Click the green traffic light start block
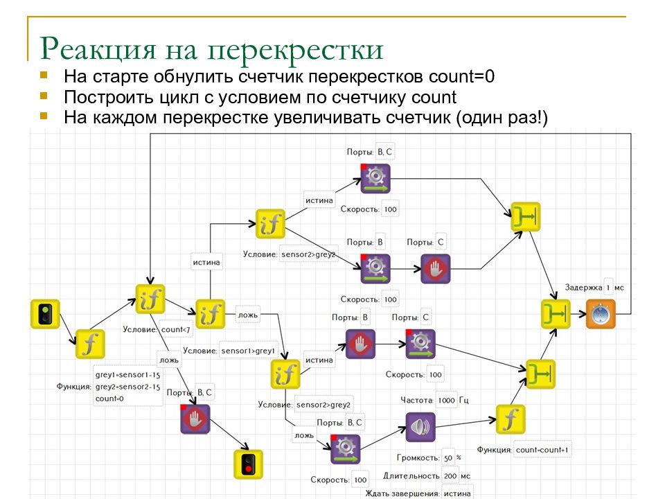(45, 314)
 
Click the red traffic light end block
(249, 464)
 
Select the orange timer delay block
(601, 314)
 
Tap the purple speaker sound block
(420, 427)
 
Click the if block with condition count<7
(150, 299)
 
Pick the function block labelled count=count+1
(511, 419)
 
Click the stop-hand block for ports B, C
(195, 419)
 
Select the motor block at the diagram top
(375, 178)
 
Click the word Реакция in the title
(98, 49)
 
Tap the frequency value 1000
(447, 400)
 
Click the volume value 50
(448, 458)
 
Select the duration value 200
(450, 476)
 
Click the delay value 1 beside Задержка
(608, 288)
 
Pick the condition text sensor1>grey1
(248, 351)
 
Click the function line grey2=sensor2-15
(127, 387)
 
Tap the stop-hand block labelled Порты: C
(436, 269)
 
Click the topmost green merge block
(526, 216)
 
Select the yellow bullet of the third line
(44, 116)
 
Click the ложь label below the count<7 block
(169, 360)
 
